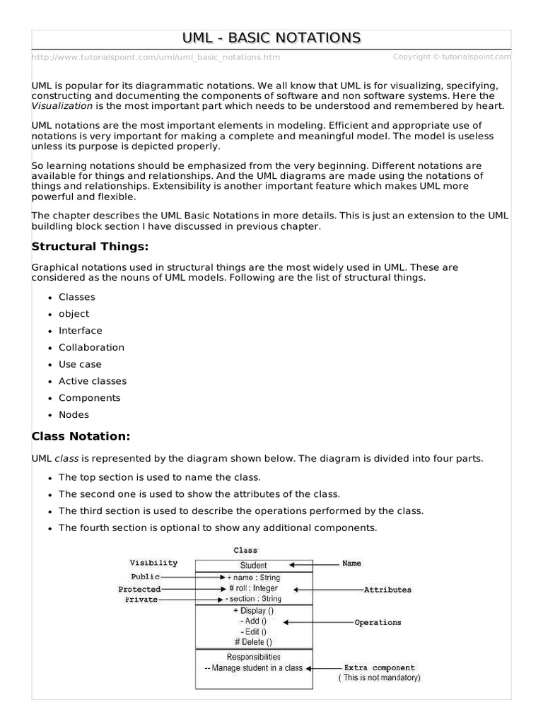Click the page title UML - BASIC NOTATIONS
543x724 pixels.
(x=271, y=38)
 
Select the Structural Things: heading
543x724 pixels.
(x=90, y=247)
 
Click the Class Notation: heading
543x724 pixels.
(x=81, y=436)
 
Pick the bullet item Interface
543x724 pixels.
(x=80, y=331)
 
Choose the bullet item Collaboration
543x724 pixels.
(x=91, y=347)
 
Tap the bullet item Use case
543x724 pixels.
(x=80, y=364)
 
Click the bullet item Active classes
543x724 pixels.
(x=93, y=381)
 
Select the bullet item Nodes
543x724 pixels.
(x=74, y=415)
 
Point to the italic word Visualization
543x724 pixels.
(x=62, y=105)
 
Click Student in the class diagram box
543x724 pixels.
(x=253, y=566)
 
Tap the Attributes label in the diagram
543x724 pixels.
(x=387, y=590)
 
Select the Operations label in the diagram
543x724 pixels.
(x=378, y=623)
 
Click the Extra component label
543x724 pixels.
(x=379, y=667)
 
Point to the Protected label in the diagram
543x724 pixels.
(x=139, y=589)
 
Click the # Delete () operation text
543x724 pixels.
(x=252, y=642)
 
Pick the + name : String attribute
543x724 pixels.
(x=253, y=578)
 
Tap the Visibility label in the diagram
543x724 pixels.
(x=153, y=564)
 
